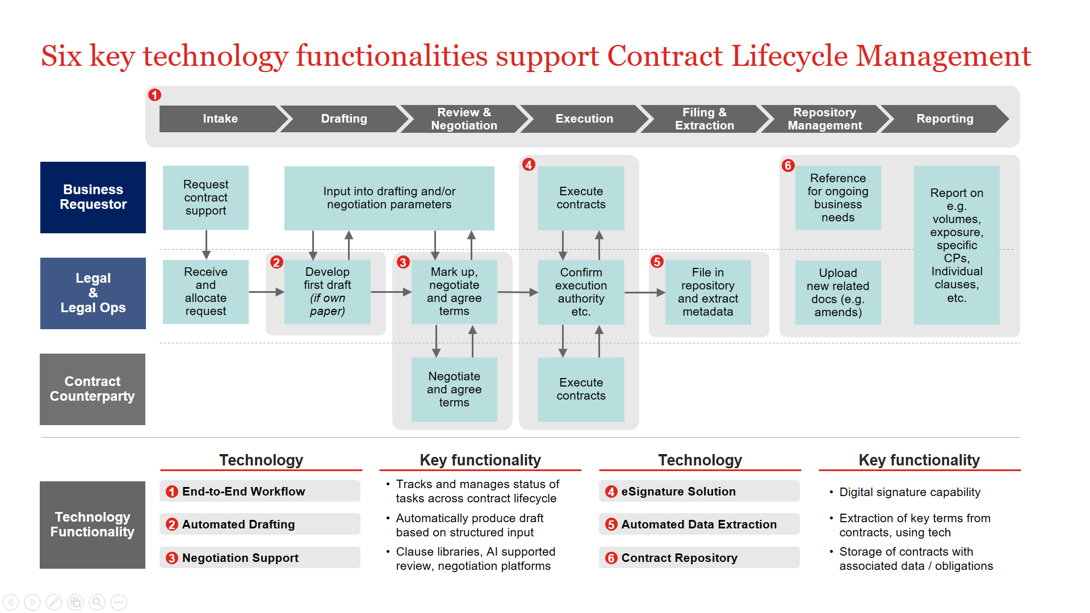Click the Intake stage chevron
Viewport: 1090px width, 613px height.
click(x=220, y=119)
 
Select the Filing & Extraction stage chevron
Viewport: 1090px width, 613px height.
click(x=704, y=119)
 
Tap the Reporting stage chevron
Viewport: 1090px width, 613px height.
click(x=944, y=119)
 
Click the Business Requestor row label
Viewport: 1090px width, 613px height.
click(x=93, y=197)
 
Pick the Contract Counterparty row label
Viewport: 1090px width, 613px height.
click(x=93, y=389)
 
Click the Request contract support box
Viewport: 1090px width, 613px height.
click(x=206, y=198)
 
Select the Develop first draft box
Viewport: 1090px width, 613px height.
click(x=327, y=292)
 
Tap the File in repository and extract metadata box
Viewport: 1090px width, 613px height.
click(x=707, y=292)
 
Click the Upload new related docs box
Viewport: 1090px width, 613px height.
click(x=837, y=292)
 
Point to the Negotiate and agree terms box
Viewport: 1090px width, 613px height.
click(x=454, y=389)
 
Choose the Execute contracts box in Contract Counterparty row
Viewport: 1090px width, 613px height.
click(x=581, y=389)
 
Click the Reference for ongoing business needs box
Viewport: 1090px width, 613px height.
click(x=837, y=198)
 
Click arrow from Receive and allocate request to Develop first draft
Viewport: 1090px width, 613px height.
click(x=266, y=292)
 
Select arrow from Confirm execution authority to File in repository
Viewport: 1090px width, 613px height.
click(x=644, y=292)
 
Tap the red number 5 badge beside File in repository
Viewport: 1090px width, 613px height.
click(x=657, y=262)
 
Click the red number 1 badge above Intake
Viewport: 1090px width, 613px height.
click(x=154, y=95)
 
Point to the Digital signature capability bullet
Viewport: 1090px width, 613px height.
click(x=909, y=492)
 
